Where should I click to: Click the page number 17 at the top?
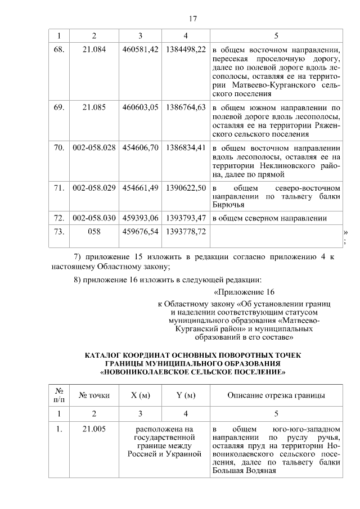(192, 19)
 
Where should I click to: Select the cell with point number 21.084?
(94, 49)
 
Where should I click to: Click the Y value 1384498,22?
(186, 49)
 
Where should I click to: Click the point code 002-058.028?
(94, 147)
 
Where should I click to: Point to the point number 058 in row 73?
(94, 231)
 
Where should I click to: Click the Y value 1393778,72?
(186, 231)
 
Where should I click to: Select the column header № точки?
(94, 395)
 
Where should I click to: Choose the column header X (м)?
(140, 395)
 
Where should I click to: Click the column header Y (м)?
(186, 395)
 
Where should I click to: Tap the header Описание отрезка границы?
(276, 395)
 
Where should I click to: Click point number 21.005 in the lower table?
(94, 430)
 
